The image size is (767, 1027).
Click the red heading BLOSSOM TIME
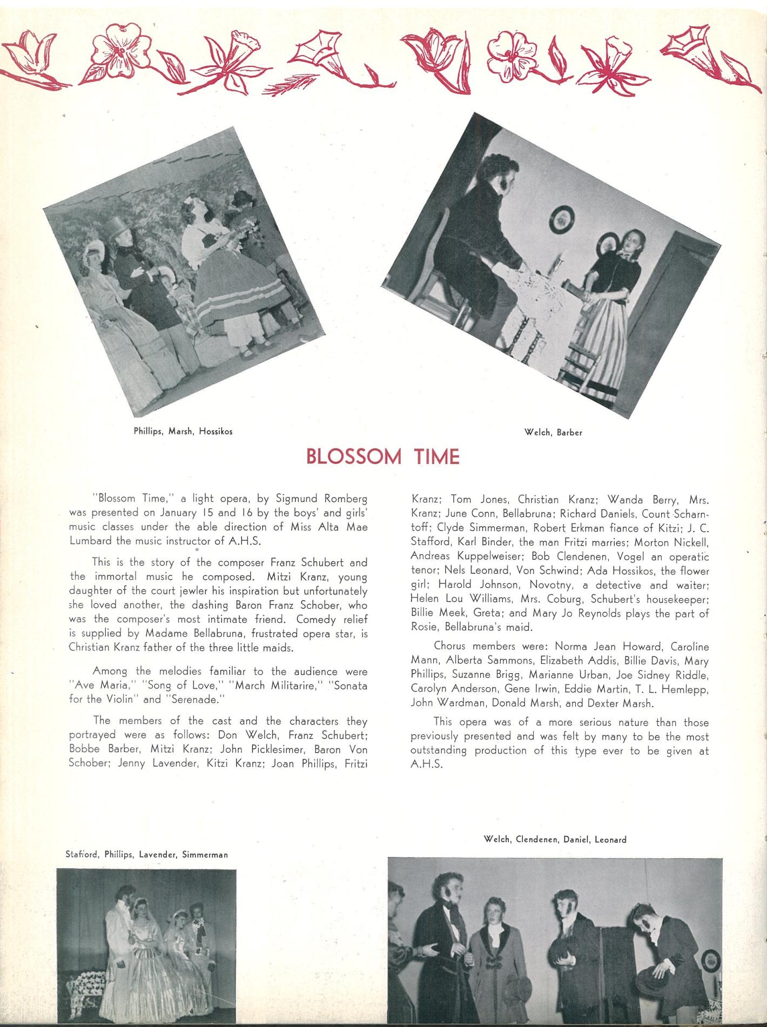coord(382,457)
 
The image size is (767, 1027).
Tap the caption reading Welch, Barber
coord(553,432)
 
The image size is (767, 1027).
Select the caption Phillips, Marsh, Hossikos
coord(183,431)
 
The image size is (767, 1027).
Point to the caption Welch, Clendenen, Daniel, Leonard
coord(555,839)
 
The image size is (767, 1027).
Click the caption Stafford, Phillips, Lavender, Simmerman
coord(146,855)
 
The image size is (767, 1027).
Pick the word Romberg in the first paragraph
coord(343,498)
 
